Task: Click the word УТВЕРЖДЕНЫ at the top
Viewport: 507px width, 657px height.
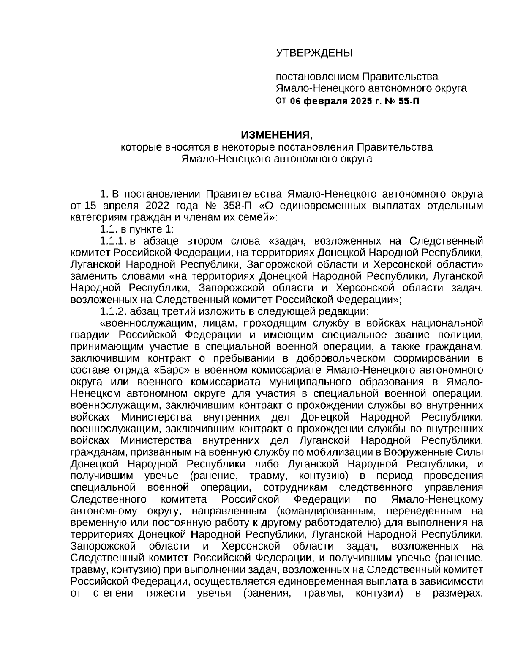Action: click(x=313, y=53)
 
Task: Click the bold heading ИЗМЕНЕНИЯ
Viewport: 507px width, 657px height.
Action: click(x=275, y=135)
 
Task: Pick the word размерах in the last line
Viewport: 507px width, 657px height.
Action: click(x=458, y=593)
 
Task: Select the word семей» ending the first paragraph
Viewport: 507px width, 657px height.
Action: click(x=262, y=218)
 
